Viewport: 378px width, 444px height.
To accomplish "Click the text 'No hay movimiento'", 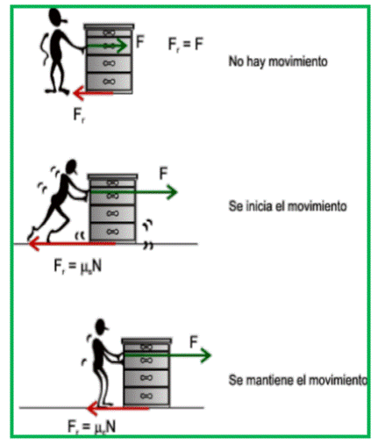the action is tap(278, 61).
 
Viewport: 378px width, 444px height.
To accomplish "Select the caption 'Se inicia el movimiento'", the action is tap(288, 206).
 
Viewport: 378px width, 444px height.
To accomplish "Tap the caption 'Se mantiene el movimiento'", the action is tap(297, 380).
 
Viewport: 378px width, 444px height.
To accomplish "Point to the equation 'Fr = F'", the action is tap(186, 45).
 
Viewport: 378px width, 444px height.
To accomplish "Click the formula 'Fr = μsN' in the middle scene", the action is tap(78, 267).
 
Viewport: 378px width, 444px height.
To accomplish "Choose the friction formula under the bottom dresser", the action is tap(91, 426).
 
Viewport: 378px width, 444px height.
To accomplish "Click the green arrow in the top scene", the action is tap(107, 46).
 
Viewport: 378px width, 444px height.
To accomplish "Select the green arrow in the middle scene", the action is tap(134, 192).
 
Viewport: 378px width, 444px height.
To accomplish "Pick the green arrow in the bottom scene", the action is tap(168, 354).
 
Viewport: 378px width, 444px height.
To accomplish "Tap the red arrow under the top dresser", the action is tap(93, 93).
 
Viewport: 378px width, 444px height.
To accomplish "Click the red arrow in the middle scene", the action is tap(72, 243).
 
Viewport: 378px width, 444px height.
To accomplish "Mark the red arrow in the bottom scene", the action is tap(118, 408).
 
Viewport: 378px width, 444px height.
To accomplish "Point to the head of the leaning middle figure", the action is tap(72, 167).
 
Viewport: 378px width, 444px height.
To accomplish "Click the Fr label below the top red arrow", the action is tap(79, 115).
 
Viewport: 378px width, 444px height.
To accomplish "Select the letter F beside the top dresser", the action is tap(140, 41).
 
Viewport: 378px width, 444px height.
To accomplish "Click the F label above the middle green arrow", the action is tap(163, 173).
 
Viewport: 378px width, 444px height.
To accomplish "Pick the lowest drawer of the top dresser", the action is tap(109, 82).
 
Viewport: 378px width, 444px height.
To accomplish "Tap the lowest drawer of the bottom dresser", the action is tap(146, 397).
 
